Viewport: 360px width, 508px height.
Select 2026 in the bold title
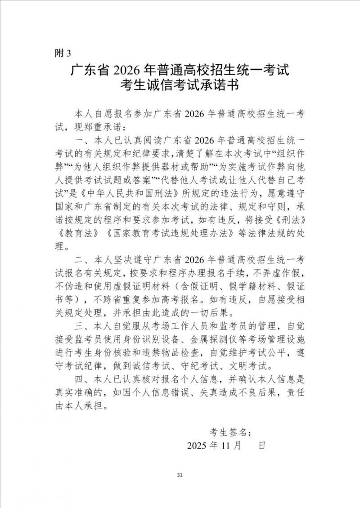tap(128, 71)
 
